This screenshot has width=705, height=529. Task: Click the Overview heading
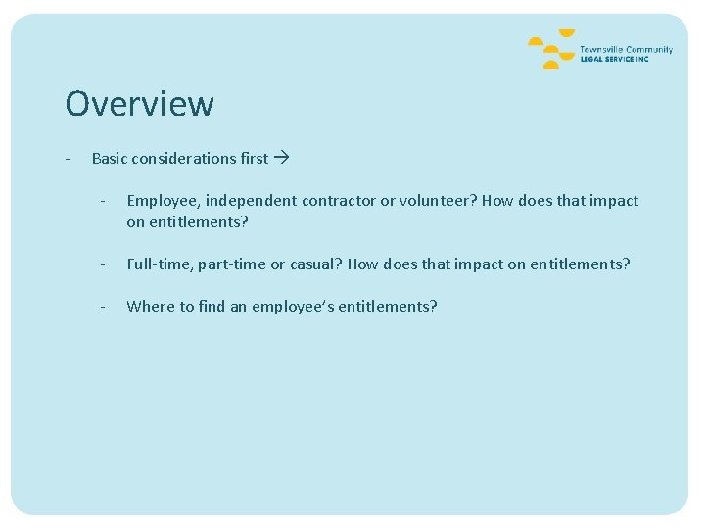click(x=139, y=103)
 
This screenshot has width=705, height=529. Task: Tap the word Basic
click(x=109, y=158)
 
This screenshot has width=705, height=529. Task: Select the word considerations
click(x=183, y=158)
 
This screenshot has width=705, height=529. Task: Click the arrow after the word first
click(x=282, y=158)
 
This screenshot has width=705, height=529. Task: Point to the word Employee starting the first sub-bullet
click(x=162, y=201)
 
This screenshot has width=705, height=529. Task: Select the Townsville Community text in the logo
click(x=626, y=49)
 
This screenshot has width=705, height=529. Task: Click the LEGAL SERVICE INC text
click(x=614, y=59)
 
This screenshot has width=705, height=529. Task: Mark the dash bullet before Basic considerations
click(x=66, y=158)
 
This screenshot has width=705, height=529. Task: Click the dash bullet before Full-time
click(x=101, y=264)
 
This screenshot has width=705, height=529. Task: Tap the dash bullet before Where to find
click(x=101, y=307)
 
